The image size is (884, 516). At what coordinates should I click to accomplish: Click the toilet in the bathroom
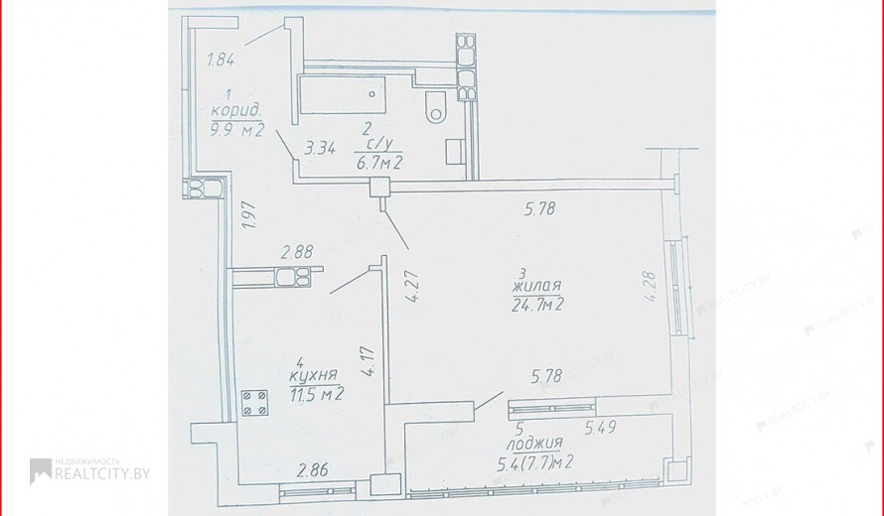click(x=435, y=107)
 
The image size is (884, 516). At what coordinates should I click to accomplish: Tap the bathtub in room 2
click(x=343, y=94)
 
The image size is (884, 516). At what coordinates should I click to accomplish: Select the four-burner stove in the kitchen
click(x=254, y=403)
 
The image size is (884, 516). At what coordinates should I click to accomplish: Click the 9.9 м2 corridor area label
click(x=237, y=130)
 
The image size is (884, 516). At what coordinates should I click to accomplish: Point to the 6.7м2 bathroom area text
click(x=378, y=163)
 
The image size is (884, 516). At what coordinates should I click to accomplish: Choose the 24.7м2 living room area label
click(x=538, y=305)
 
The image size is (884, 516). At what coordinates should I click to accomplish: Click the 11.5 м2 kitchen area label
click(x=317, y=393)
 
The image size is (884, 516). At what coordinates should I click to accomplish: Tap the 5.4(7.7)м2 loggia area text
click(x=535, y=463)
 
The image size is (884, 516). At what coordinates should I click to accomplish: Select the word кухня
click(x=314, y=376)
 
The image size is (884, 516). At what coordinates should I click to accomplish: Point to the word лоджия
click(x=534, y=444)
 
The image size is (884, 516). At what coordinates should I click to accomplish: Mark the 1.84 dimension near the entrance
click(x=221, y=60)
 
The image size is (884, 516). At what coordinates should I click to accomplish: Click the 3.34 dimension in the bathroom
click(x=320, y=149)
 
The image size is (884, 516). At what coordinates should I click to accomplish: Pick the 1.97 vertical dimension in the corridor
click(x=249, y=214)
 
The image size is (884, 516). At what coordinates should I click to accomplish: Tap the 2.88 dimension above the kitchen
click(x=297, y=251)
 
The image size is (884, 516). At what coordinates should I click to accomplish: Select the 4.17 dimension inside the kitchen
click(x=368, y=361)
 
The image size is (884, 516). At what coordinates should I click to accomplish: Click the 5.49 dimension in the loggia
click(x=600, y=428)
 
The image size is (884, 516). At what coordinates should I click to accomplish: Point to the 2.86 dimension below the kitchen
click(x=313, y=469)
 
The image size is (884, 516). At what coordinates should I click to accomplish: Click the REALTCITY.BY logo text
click(x=102, y=473)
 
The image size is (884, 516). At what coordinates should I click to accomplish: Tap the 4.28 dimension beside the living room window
click(x=650, y=288)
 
